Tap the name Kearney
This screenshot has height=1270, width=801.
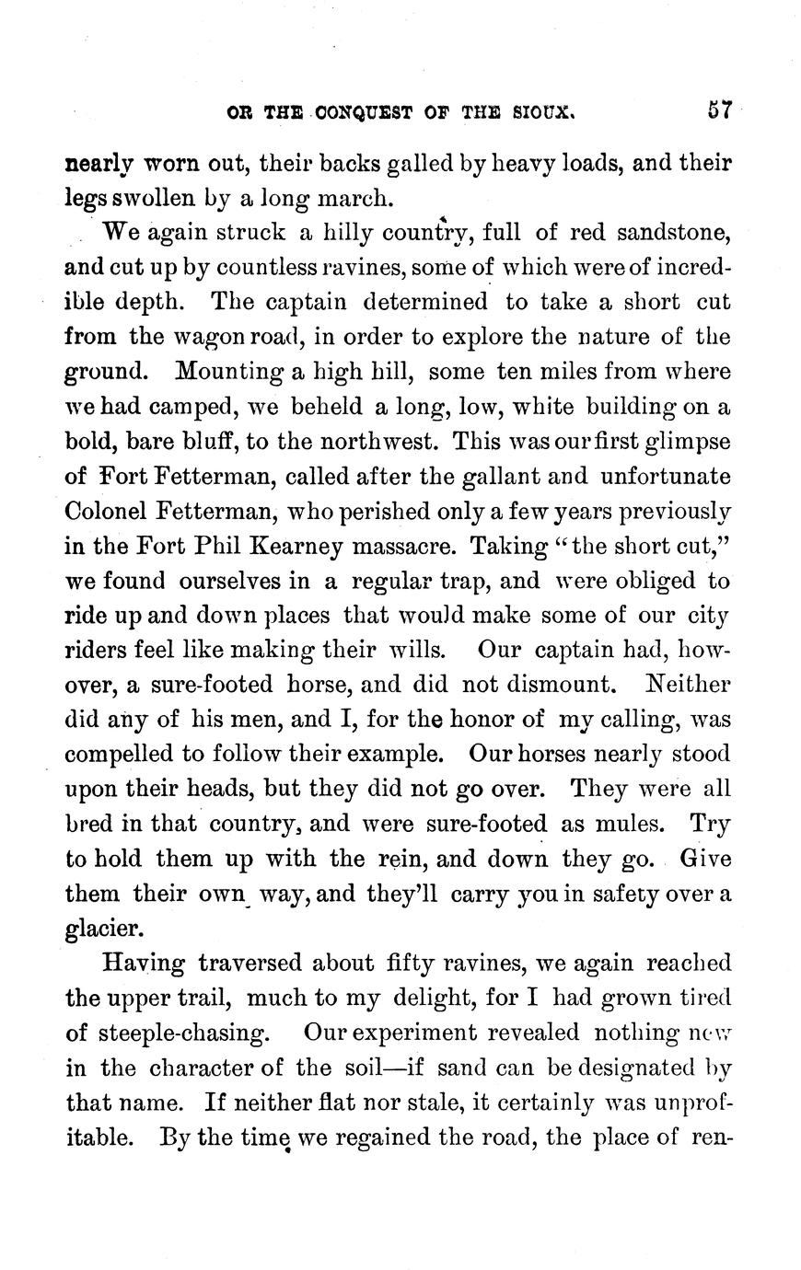click(x=326, y=546)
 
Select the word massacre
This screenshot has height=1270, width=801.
click(x=412, y=546)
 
